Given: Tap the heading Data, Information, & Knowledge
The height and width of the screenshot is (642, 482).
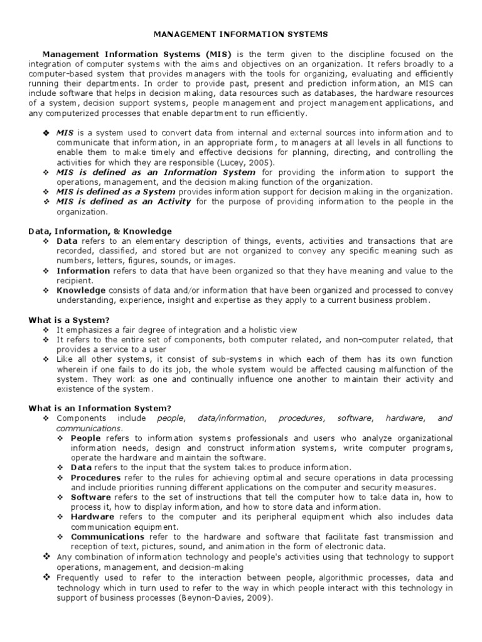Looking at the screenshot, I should tap(100, 231).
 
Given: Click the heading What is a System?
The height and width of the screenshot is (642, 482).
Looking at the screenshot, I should tap(69, 319).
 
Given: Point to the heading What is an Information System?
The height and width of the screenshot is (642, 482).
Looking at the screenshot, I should tap(100, 408).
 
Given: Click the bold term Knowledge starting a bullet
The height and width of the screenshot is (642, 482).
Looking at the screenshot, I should tap(81, 290).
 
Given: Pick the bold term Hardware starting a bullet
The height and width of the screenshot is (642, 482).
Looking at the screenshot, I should tap(92, 517).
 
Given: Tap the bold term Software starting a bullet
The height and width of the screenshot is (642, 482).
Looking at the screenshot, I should tap(91, 497).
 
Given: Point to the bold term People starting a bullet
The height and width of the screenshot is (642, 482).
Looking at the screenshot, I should tap(85, 438).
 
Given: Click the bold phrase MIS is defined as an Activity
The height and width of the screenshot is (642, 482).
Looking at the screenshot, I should tap(124, 201).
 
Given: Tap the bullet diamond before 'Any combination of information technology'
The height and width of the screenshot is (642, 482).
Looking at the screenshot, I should tap(46, 557).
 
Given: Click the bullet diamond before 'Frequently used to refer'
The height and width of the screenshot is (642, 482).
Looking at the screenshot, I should tap(46, 577).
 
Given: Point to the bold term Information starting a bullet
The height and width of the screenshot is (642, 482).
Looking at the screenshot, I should tap(83, 271).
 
